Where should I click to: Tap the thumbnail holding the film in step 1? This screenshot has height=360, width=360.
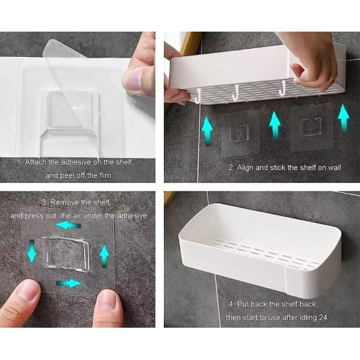135,81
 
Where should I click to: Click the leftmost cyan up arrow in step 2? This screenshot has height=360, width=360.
207,131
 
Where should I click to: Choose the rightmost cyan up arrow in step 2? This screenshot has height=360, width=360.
343,118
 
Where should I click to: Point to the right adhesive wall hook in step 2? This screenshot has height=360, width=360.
310,126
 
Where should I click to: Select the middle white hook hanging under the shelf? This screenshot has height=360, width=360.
235,92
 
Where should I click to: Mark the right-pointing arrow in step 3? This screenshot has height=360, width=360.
69,283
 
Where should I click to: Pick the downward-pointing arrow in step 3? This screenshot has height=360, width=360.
32,252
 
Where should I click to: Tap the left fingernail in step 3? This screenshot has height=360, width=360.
27,291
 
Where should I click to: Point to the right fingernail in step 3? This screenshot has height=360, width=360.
109,298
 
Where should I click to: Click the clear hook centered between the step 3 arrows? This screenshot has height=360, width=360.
66,253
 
